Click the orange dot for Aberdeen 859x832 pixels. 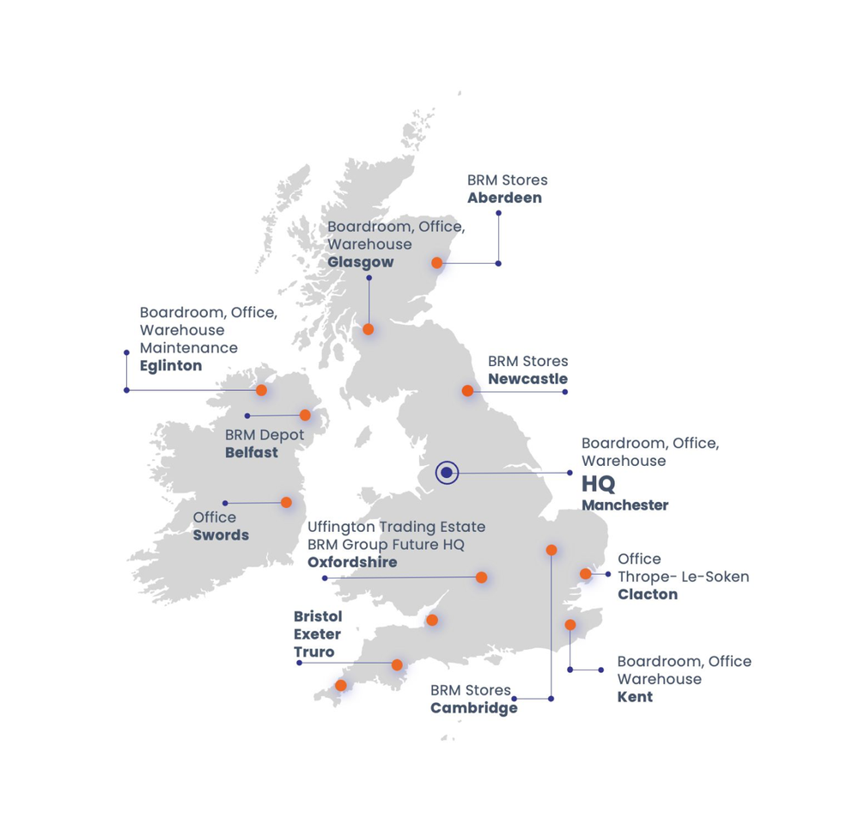(437, 263)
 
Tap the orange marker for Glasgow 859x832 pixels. (369, 329)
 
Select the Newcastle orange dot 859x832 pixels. (467, 391)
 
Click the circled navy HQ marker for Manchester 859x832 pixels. (447, 473)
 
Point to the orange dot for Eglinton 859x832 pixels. (262, 390)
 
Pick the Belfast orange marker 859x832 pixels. (305, 415)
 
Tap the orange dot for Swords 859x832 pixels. (286, 503)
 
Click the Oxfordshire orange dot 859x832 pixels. (482, 578)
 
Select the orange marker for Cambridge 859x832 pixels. (551, 550)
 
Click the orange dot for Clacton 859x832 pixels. (585, 574)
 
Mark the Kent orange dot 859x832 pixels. (570, 625)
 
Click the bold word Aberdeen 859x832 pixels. (504, 198)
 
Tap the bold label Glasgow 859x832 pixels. (361, 262)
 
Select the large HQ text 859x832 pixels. (599, 483)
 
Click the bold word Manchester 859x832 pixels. (624, 505)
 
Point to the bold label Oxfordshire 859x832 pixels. (352, 562)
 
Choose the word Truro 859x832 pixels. (314, 652)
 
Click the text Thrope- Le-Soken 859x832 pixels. (683, 577)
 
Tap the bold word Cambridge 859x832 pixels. (474, 708)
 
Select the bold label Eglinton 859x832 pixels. (171, 365)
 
